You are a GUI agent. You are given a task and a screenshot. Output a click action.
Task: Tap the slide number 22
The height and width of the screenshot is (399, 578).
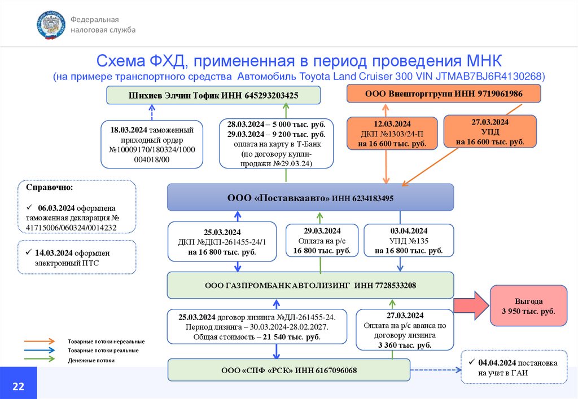[x=18, y=386]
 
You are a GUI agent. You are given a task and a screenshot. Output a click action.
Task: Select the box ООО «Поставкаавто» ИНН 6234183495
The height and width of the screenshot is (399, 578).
[x=310, y=198]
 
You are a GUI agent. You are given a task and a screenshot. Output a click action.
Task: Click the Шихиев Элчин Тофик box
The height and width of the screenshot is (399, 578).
[x=213, y=95]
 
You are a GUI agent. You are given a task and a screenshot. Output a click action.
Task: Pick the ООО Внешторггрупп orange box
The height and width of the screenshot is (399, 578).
[x=443, y=93]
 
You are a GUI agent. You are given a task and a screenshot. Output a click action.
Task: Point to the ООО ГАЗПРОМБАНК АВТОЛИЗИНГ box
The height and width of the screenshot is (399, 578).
[x=310, y=285]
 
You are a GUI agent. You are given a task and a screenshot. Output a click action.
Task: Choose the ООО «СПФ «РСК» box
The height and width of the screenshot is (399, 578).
[x=288, y=370]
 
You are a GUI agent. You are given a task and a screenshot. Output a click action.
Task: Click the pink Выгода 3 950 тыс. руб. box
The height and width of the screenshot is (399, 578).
[x=528, y=306]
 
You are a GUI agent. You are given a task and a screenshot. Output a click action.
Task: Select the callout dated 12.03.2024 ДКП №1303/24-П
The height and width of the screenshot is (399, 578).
[x=392, y=134]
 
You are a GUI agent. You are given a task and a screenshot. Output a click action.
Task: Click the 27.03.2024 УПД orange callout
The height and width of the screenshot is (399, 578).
[x=490, y=132]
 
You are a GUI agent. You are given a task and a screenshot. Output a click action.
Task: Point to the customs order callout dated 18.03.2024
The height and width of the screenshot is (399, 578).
[x=152, y=144]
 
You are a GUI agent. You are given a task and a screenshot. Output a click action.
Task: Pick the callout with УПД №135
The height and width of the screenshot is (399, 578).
[x=408, y=241]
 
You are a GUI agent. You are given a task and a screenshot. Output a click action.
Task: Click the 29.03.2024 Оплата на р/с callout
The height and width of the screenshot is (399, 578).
[x=321, y=241]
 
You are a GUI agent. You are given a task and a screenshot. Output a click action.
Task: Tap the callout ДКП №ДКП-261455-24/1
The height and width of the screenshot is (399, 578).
[x=222, y=242]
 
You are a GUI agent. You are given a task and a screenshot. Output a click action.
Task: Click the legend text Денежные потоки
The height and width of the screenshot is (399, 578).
[x=91, y=360]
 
